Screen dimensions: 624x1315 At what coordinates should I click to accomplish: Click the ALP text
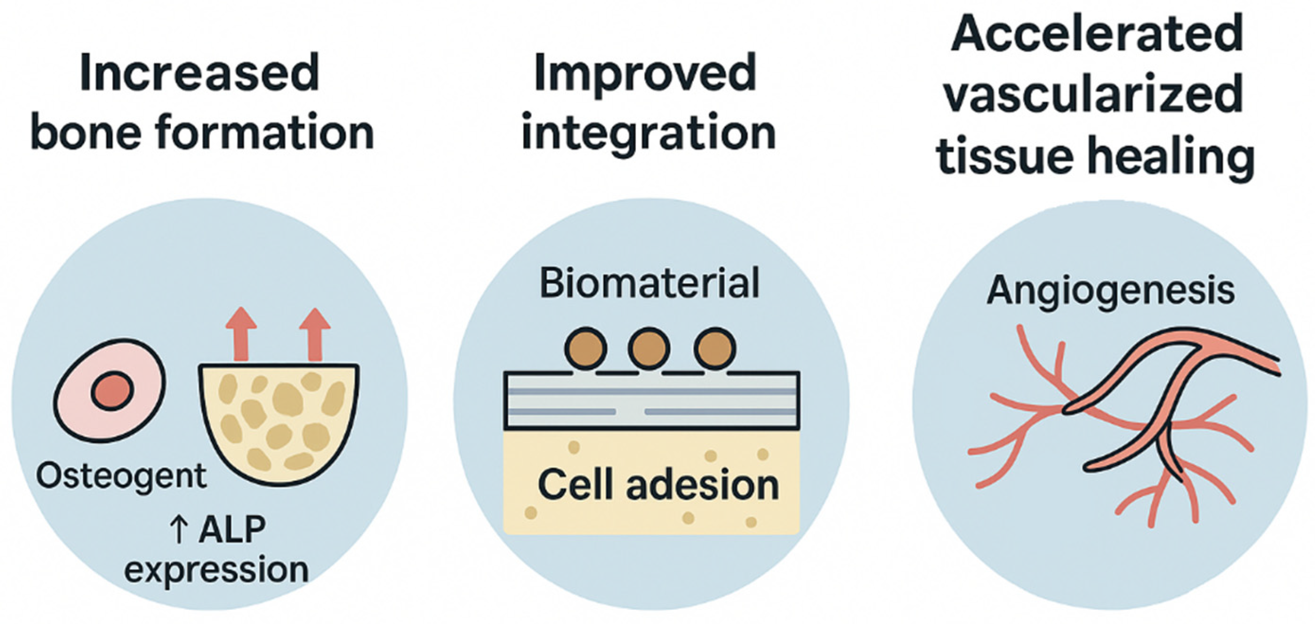coord(232,529)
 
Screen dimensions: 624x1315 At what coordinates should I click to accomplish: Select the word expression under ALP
coord(216,570)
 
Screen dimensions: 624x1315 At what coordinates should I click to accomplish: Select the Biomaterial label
coord(649,284)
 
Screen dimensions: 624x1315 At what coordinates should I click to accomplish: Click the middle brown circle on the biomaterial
coord(649,349)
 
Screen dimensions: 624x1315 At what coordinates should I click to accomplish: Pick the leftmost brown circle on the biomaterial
coord(586,349)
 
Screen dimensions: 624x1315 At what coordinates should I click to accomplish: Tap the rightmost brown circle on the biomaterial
coord(715,349)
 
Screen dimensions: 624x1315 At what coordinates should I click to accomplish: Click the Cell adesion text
coord(658,486)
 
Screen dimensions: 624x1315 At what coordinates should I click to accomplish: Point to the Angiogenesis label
coord(1111,291)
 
